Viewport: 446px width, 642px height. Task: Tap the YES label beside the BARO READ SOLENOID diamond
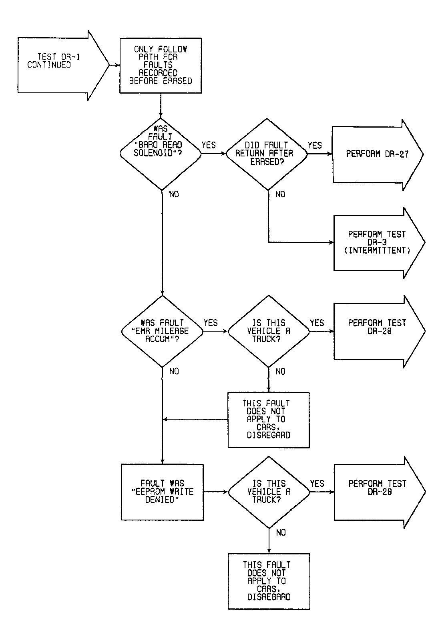tap(209, 145)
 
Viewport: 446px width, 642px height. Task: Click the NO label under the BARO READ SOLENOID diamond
tap(174, 194)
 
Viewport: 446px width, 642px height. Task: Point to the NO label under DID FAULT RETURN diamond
tap(281, 194)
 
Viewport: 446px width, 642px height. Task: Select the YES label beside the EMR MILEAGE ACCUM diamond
tap(211, 323)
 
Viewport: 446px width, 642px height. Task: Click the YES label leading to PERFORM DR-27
tap(315, 146)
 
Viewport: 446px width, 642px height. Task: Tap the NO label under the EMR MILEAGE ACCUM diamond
tap(174, 372)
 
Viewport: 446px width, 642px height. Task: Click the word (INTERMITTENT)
tap(377, 250)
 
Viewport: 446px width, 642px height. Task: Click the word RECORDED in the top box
tap(158, 73)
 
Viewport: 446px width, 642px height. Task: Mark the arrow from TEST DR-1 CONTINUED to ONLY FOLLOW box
tap(115, 65)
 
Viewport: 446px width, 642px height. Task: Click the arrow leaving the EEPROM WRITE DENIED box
tap(216, 492)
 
